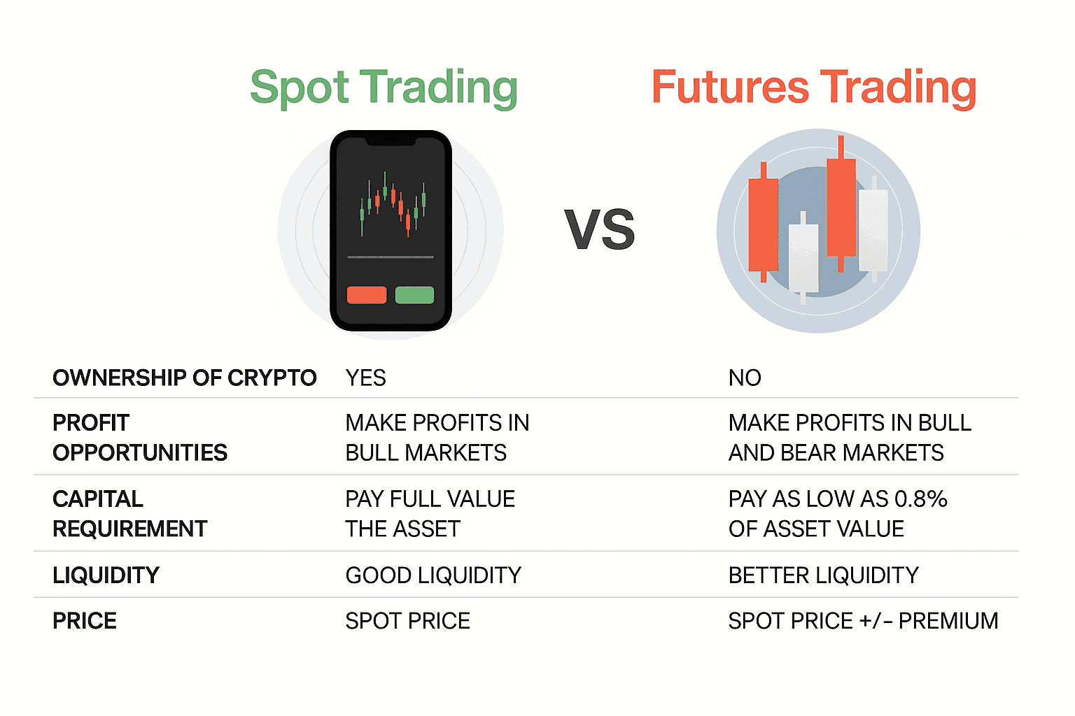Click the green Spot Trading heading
pos(384,88)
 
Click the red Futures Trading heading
pos(814,88)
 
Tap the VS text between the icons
pos(600,230)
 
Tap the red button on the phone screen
pos(367,295)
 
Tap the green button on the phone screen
pos(414,295)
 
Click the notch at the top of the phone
pos(391,141)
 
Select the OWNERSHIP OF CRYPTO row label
pos(185,378)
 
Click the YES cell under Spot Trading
pos(366,378)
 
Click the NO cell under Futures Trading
pos(745,378)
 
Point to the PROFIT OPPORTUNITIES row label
pos(140,438)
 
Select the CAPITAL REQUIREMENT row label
pos(129,514)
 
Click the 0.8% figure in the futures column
pos(921,499)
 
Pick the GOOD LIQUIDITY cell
pos(433,575)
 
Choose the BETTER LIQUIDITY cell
pos(824,575)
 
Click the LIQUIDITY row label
pos(106,575)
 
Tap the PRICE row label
pos(85,621)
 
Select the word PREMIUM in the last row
pos(948,621)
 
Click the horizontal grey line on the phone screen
pos(391,257)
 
